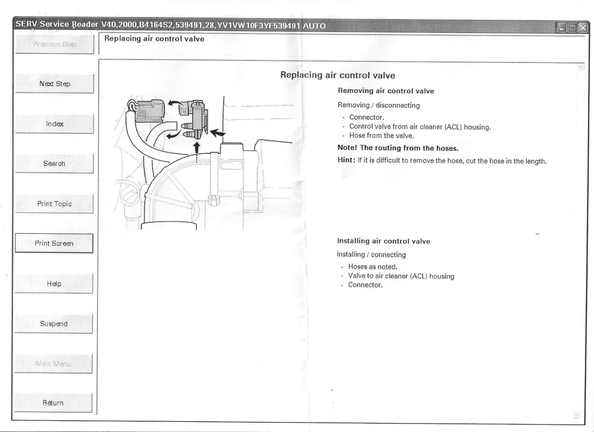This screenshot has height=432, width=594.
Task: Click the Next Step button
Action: [x=55, y=84]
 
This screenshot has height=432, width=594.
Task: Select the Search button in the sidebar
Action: [x=54, y=163]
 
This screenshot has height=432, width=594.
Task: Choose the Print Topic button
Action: [x=54, y=204]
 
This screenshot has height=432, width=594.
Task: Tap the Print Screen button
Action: [x=54, y=243]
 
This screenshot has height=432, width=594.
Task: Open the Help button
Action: [x=54, y=283]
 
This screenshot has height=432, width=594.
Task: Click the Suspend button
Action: [x=54, y=323]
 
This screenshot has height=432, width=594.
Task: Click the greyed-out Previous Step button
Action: [x=55, y=44]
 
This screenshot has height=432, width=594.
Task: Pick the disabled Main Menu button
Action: [x=53, y=364]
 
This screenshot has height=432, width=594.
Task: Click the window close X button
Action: [x=583, y=27]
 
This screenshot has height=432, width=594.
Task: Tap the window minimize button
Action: [x=562, y=27]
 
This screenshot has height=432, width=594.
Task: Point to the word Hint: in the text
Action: [x=346, y=160]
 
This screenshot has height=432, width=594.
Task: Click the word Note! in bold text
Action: [x=347, y=147]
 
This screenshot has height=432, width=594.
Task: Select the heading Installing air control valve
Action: [x=383, y=241]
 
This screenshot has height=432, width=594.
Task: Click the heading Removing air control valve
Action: [x=386, y=91]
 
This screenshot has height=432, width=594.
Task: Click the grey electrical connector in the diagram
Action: [x=150, y=111]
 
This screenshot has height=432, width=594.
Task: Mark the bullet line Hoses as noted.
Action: [x=372, y=267]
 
